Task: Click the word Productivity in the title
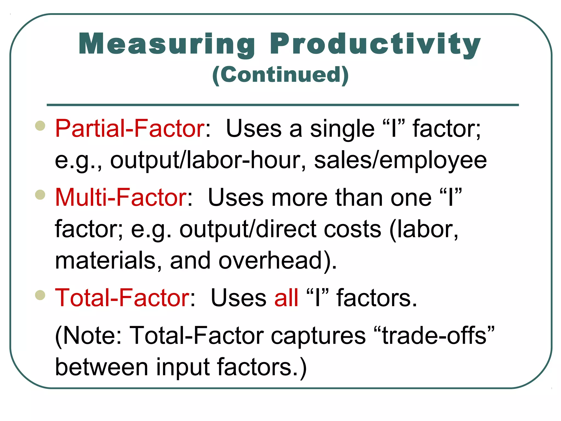(x=375, y=44)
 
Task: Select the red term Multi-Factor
(x=121, y=197)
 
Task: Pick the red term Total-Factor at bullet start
(x=122, y=298)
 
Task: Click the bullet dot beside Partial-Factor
(x=40, y=126)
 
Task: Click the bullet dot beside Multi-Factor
(x=40, y=195)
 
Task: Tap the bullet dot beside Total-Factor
(x=40, y=295)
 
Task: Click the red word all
(x=286, y=298)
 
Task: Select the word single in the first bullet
(x=342, y=128)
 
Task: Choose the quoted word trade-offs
(x=434, y=336)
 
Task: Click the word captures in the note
(x=318, y=336)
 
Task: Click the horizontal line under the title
(x=282, y=105)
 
